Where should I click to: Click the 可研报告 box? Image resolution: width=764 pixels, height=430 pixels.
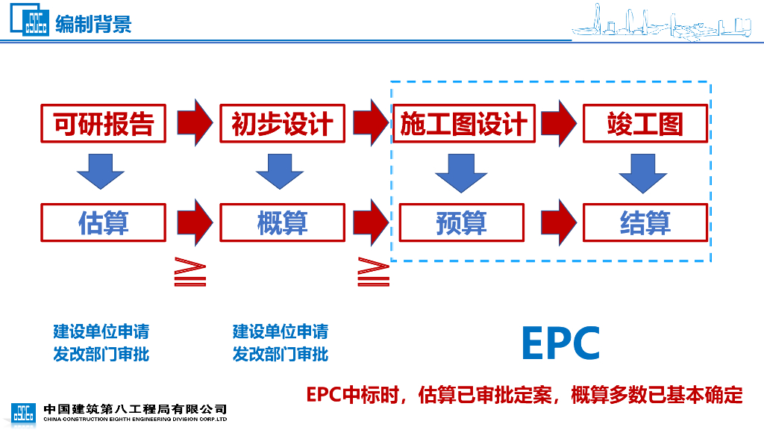point(103,123)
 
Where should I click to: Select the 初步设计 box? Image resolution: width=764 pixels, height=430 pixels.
point(282,123)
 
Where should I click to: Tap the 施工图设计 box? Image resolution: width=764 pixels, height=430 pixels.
point(463,123)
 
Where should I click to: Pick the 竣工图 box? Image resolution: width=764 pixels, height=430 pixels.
point(645,123)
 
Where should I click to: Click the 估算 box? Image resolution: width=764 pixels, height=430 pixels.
point(103,222)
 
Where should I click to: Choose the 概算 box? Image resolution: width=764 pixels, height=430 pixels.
point(282,222)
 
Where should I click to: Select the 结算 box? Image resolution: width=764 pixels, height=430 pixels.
point(645,222)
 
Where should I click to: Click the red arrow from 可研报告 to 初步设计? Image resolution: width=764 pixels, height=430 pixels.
point(195,122)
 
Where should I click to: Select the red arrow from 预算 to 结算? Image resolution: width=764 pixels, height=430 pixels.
point(559,222)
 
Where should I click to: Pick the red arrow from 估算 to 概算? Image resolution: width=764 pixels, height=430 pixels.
point(195,222)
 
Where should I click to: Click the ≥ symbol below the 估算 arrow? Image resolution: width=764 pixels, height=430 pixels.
point(190,272)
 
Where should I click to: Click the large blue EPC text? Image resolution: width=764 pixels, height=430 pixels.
point(560,343)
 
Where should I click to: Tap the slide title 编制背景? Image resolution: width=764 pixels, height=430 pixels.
point(93,24)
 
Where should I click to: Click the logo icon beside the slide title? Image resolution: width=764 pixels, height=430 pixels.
point(31,22)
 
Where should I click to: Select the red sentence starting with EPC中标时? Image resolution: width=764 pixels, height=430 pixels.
point(525,394)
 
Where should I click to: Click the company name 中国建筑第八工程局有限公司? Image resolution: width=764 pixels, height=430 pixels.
point(135,409)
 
